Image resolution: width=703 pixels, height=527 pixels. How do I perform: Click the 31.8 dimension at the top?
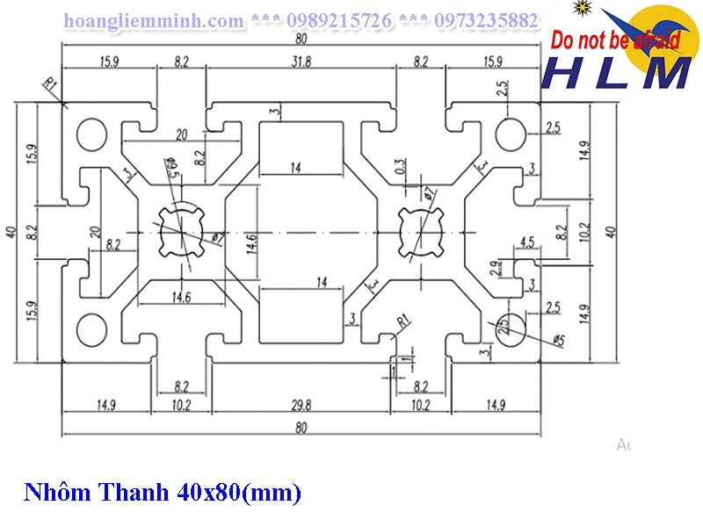[301, 61]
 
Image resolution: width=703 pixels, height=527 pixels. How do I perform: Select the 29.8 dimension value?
[301, 406]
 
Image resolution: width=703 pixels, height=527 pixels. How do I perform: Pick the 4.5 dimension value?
[528, 242]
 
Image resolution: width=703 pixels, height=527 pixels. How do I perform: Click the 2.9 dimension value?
[497, 266]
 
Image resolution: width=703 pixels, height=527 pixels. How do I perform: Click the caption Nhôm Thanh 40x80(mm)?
[162, 493]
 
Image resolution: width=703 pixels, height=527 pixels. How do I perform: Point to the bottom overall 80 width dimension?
[301, 429]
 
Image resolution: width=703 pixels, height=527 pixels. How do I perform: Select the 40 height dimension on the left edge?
[11, 232]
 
